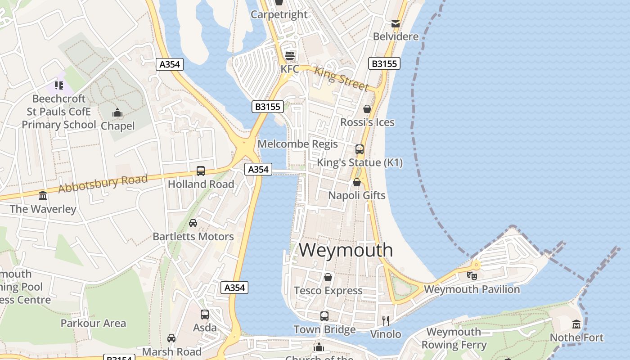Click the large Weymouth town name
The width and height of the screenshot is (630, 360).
point(346,250)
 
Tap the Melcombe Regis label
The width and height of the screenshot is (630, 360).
point(297,144)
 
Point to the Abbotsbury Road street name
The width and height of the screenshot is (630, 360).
point(103,184)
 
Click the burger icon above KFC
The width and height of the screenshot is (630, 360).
point(290,56)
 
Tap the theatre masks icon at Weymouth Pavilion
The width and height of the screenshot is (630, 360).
point(472,275)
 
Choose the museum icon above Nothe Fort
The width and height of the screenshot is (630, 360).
point(576,324)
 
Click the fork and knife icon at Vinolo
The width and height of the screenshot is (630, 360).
point(386,320)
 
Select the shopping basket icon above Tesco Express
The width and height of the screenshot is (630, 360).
point(328,277)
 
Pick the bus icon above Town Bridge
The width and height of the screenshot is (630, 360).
point(324,316)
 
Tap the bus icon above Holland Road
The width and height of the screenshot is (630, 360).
point(201,171)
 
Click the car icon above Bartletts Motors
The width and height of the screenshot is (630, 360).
point(193,223)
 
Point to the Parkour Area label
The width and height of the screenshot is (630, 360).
point(93,323)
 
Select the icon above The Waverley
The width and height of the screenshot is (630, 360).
point(43,195)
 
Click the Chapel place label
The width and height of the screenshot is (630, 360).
point(117,126)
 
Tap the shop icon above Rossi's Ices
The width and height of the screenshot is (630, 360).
point(367,109)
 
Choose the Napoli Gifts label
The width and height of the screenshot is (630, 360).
point(357,195)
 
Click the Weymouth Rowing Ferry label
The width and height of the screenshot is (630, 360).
point(454,338)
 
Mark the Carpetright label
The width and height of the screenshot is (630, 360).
point(279,14)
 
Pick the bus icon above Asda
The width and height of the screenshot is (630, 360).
point(205,314)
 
